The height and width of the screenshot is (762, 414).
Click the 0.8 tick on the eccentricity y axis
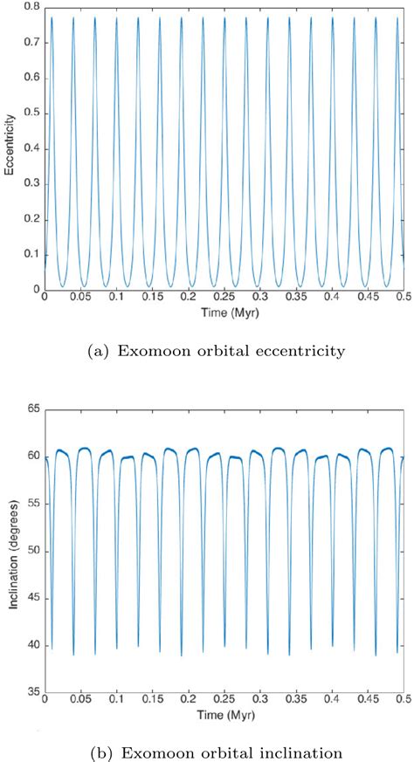point(32,8)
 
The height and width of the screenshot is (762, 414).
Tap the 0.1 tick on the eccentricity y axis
point(32,254)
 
